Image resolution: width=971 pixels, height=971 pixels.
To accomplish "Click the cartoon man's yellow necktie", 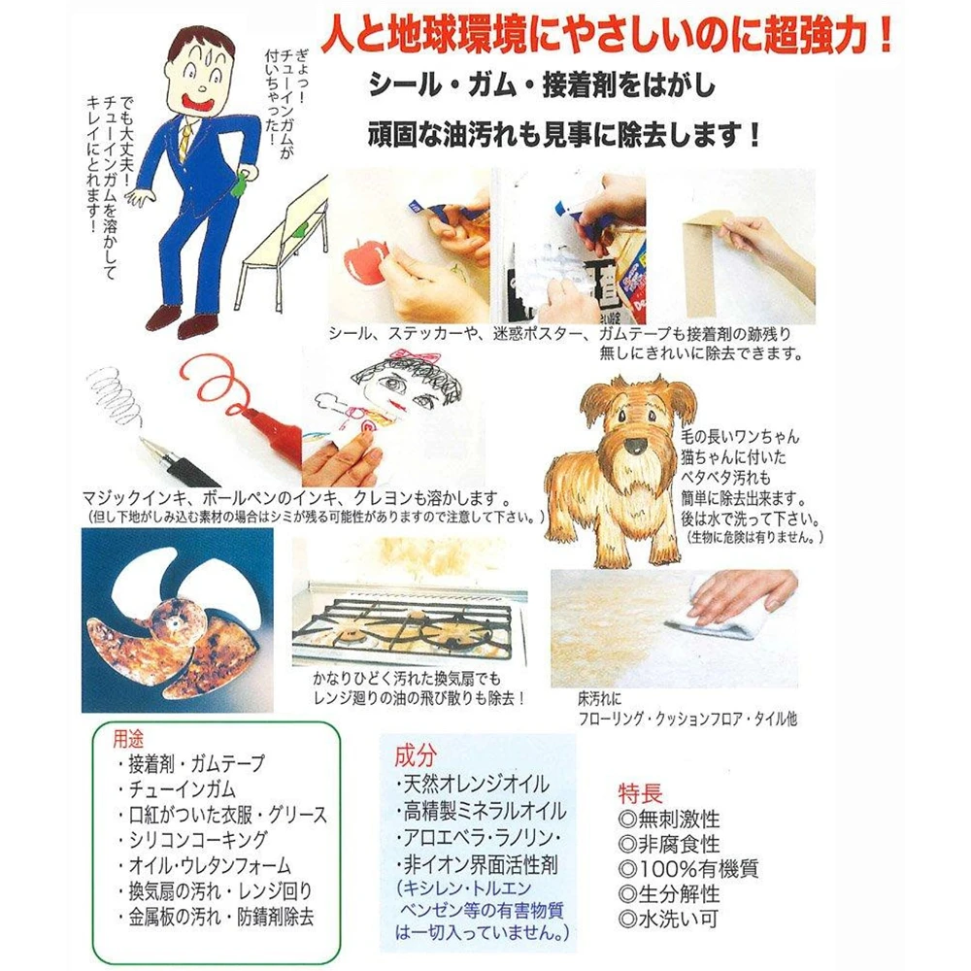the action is (x=184, y=139).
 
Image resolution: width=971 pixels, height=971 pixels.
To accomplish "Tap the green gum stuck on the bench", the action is (x=300, y=230).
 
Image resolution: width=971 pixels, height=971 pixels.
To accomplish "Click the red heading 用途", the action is (x=128, y=739).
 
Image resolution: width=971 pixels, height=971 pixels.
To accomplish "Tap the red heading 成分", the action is (x=416, y=755).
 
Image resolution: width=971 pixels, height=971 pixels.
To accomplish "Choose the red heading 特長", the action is (x=640, y=793).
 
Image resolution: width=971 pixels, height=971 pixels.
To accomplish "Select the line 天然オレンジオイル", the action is (x=476, y=785).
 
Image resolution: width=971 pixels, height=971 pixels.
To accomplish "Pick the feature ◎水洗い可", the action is (x=669, y=919).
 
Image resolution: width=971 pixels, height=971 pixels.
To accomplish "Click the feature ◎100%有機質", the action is (x=688, y=868).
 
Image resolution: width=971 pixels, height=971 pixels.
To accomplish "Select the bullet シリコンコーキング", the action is (x=198, y=840).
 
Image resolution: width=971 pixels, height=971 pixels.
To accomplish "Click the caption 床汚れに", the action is (x=599, y=699).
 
